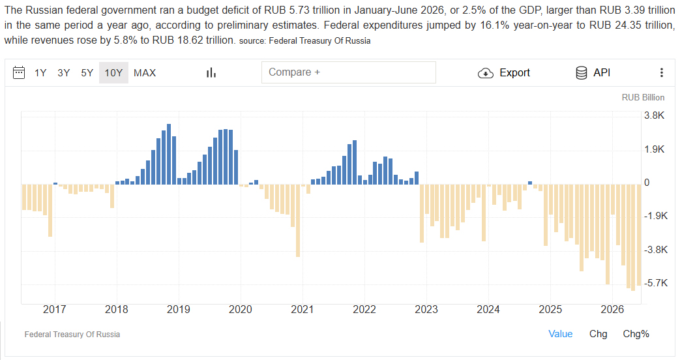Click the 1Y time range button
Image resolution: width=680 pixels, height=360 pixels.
(x=40, y=73)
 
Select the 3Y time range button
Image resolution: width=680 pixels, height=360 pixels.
(x=64, y=73)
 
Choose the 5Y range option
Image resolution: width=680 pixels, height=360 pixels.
(x=87, y=73)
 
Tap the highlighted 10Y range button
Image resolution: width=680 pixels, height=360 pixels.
(x=113, y=73)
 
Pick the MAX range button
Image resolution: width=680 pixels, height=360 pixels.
(x=145, y=73)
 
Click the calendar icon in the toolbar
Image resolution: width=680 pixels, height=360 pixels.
(x=19, y=72)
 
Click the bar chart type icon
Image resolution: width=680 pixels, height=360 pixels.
(x=211, y=73)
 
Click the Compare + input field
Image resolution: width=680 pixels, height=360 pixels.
(x=349, y=72)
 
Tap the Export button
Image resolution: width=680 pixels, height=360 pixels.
(x=504, y=73)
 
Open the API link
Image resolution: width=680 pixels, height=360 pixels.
(x=593, y=73)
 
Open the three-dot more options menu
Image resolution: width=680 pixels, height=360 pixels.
(x=662, y=73)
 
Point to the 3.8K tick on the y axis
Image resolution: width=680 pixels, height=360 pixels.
(x=655, y=115)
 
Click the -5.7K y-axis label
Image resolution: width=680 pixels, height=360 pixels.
(x=656, y=283)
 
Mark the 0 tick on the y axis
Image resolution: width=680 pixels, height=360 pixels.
(x=647, y=183)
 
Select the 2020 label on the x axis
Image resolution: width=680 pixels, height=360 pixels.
(x=241, y=309)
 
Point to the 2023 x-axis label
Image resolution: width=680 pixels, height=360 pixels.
(x=426, y=309)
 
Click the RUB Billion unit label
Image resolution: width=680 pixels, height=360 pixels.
(x=643, y=98)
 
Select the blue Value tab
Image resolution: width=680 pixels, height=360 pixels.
(x=560, y=334)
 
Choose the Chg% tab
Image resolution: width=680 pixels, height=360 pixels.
(x=636, y=334)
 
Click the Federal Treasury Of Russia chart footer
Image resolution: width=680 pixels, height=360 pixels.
(x=72, y=335)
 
